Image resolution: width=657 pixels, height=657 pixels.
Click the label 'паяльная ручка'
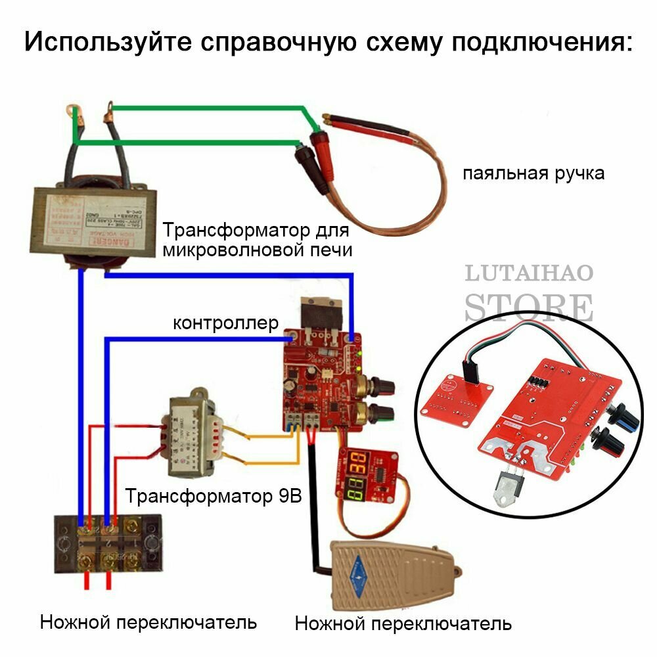coord(533,174)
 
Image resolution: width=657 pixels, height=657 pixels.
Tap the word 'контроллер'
coord(225,323)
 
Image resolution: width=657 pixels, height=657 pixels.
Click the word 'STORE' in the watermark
coord(528,306)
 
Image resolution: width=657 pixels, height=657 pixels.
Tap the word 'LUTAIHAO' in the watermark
coord(529,273)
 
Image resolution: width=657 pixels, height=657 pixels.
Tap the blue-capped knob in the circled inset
coord(618,413)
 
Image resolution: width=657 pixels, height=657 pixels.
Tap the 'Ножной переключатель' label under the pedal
coord(403,623)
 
